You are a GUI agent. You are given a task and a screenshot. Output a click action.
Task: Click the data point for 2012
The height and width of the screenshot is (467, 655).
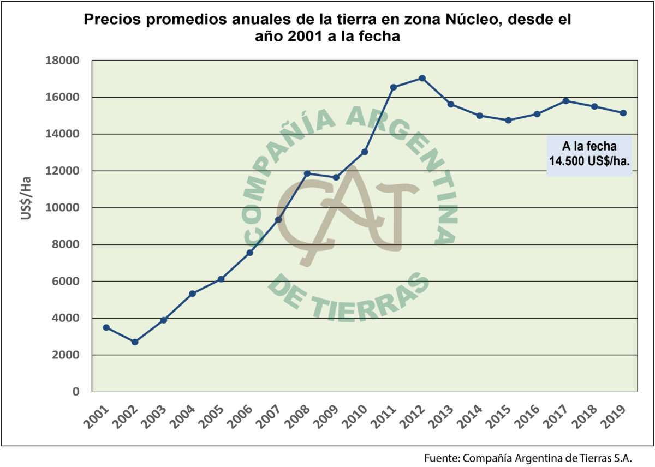[x=422, y=78]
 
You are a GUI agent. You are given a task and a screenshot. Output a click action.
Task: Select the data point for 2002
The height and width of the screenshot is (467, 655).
[x=135, y=342]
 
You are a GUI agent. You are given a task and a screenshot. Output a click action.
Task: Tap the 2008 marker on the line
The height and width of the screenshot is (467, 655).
[x=307, y=173]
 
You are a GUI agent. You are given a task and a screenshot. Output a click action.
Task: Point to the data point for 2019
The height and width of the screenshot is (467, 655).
[x=623, y=113]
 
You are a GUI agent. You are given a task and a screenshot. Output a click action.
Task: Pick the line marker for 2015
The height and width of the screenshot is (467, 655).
[x=508, y=120]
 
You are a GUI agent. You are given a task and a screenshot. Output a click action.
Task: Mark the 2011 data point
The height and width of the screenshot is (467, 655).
[x=394, y=87]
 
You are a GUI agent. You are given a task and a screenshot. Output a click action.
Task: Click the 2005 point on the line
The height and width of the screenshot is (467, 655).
[x=221, y=279]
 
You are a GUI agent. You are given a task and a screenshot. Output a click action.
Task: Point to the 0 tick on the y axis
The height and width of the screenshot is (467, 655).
[x=76, y=392]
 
